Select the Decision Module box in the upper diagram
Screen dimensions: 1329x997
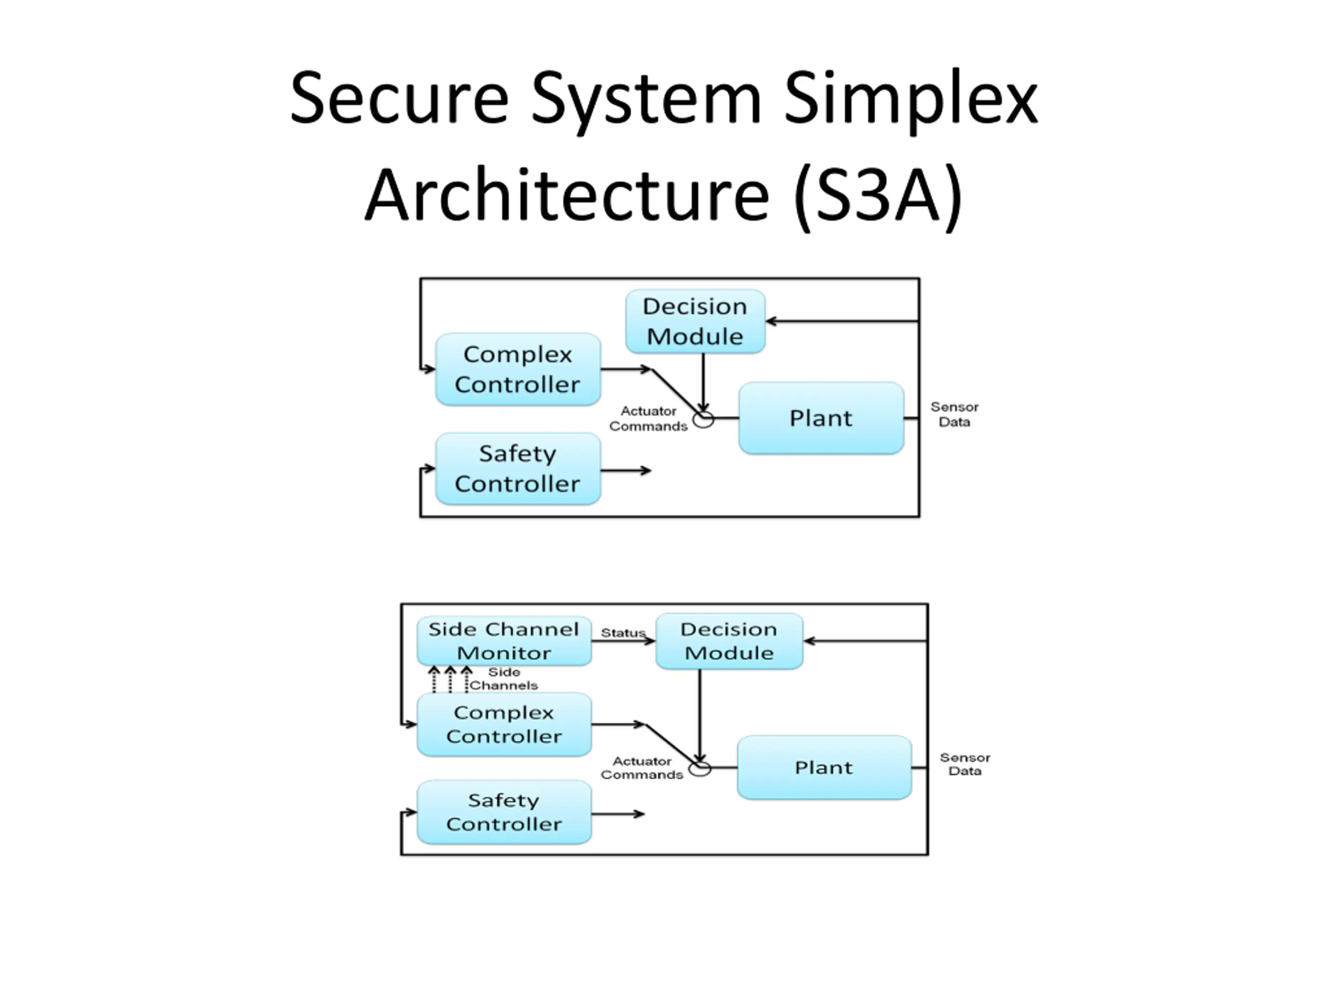click(695, 321)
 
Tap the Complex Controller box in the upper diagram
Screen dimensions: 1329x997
click(518, 369)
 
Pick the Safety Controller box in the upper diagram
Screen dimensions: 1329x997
click(518, 468)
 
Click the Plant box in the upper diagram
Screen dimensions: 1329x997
click(821, 417)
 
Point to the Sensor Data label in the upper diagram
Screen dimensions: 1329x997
click(954, 414)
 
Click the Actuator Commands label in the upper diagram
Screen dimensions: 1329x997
click(648, 418)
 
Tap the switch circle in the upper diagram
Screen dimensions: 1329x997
click(703, 420)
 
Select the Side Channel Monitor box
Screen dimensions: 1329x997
click(504, 641)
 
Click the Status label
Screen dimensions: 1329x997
click(623, 632)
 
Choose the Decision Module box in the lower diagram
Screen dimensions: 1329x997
click(729, 641)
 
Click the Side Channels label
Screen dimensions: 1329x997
click(504, 679)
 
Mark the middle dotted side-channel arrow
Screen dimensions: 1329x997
click(451, 679)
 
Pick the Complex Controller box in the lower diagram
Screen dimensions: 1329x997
click(504, 724)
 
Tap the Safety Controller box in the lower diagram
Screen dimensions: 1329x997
click(504, 812)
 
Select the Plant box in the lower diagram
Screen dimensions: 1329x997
click(824, 767)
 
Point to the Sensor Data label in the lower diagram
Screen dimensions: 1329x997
click(965, 764)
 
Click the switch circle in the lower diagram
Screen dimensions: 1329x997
click(700, 769)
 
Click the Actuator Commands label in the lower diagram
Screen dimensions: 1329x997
click(642, 767)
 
